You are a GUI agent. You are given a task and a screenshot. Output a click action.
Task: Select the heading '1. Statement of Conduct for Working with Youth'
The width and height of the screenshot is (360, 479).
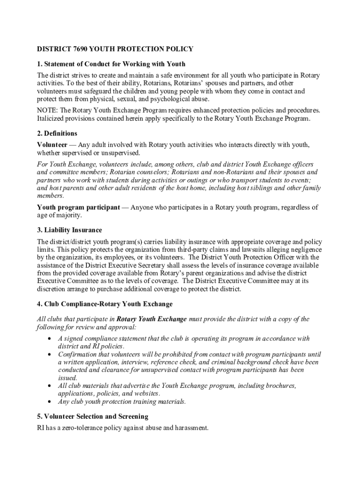click(x=111, y=64)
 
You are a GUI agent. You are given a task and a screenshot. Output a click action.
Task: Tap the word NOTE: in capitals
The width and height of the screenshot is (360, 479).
click(x=48, y=110)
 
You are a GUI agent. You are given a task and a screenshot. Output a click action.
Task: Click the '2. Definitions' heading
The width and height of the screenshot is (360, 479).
click(x=57, y=133)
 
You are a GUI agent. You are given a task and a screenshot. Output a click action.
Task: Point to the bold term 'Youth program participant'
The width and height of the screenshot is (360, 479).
click(x=78, y=207)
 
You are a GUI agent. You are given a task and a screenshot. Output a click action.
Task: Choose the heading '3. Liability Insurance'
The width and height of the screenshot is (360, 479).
click(x=69, y=230)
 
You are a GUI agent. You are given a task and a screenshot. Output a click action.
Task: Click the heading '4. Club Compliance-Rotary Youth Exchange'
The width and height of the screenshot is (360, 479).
click(x=105, y=304)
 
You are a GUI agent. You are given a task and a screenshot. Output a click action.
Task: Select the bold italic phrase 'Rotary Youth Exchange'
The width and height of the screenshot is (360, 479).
click(x=151, y=319)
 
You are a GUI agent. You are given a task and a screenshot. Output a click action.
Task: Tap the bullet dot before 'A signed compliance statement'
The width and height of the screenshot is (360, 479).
click(x=50, y=338)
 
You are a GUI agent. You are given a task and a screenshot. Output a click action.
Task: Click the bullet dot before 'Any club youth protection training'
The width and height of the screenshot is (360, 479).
click(x=50, y=401)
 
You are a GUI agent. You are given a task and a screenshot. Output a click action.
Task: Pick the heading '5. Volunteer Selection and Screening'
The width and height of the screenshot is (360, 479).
click(x=93, y=416)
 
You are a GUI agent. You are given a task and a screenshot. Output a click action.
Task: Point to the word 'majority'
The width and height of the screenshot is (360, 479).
click(x=69, y=215)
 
